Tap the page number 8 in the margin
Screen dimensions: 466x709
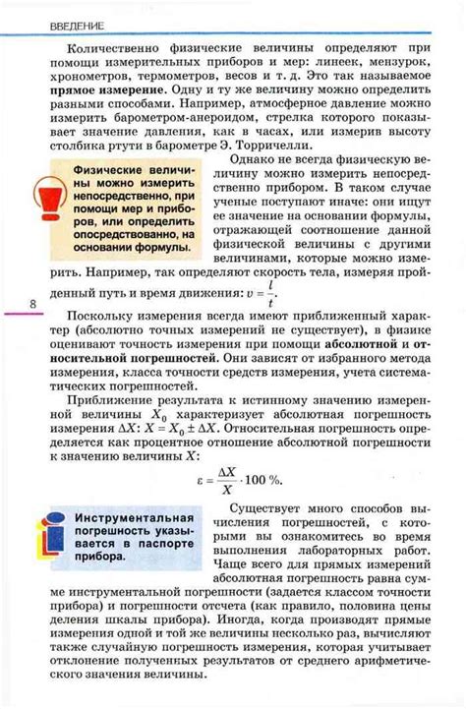click(x=32, y=305)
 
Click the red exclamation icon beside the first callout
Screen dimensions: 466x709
click(x=47, y=203)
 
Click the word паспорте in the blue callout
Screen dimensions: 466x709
click(x=160, y=543)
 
